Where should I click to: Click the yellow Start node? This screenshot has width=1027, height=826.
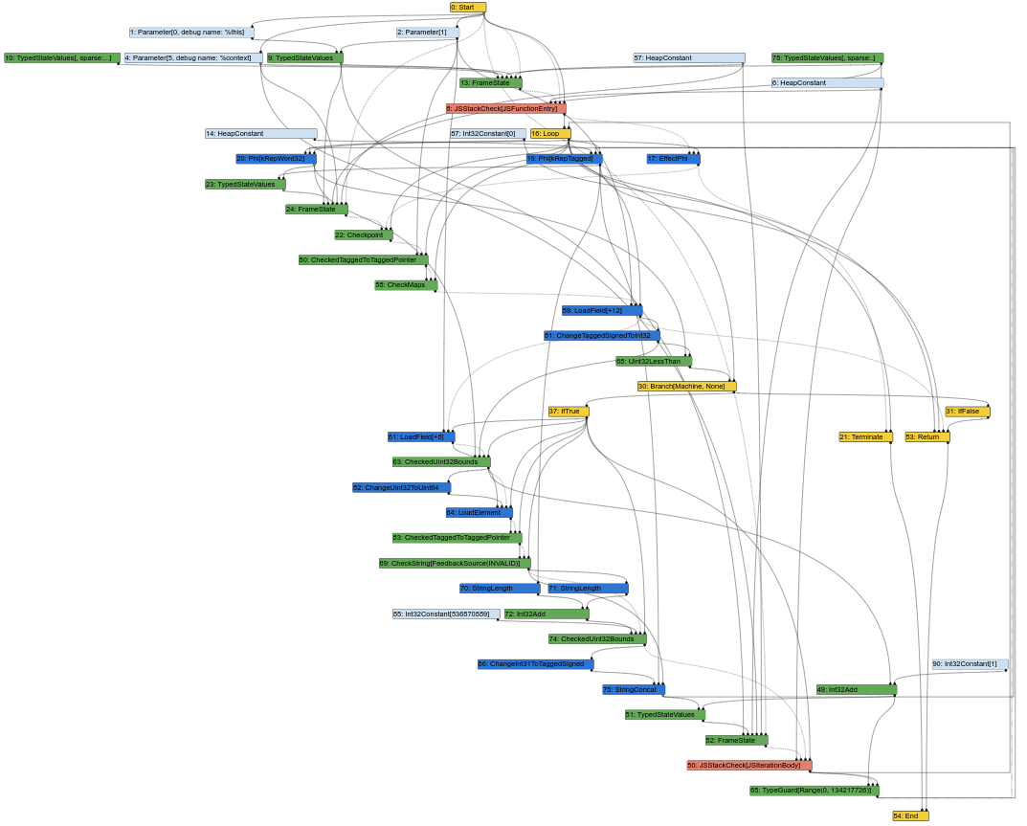click(468, 8)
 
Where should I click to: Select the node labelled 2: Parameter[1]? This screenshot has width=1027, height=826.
click(427, 33)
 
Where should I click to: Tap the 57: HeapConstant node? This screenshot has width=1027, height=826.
click(688, 58)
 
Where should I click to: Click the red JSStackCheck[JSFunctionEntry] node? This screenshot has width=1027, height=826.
click(506, 109)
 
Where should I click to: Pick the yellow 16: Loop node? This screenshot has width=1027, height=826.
click(550, 134)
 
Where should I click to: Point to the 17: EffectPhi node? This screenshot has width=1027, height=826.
click(673, 159)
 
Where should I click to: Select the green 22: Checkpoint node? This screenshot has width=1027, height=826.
click(364, 235)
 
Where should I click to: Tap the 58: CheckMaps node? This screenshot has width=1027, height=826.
click(406, 285)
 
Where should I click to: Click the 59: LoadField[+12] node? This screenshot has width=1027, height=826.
click(602, 311)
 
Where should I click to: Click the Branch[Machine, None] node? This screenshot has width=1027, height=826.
click(686, 387)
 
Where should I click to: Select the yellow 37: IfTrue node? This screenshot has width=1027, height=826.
click(569, 412)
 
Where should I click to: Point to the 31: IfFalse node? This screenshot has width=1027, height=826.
click(967, 412)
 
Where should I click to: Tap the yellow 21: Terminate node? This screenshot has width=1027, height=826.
click(865, 437)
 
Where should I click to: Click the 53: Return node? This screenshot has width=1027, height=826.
click(927, 437)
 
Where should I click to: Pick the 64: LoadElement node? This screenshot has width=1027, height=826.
click(480, 513)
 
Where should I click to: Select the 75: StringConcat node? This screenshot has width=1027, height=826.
click(633, 690)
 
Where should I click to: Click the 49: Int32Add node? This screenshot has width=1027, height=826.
click(856, 690)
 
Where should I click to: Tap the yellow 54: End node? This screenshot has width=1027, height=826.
click(910, 816)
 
